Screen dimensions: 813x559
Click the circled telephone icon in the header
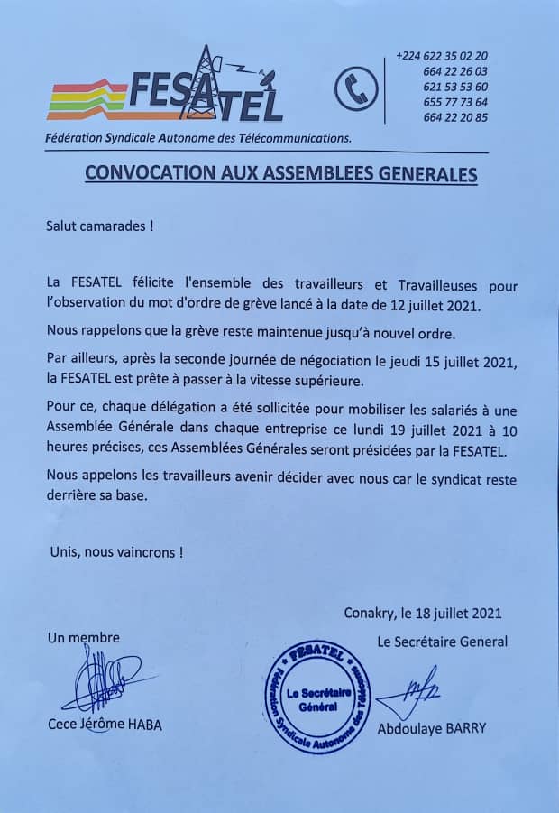coord(355,88)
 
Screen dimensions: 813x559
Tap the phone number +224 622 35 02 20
coord(442,56)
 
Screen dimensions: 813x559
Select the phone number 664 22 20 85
coord(455,117)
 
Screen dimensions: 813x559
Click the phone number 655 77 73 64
coord(455,102)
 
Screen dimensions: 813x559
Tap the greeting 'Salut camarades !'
coord(100,226)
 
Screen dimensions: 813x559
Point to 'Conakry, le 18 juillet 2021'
coord(423,614)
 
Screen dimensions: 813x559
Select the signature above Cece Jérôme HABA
coord(101,679)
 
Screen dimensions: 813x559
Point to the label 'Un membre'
coord(83,638)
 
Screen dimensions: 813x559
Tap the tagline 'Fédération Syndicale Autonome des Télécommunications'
coord(198,138)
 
